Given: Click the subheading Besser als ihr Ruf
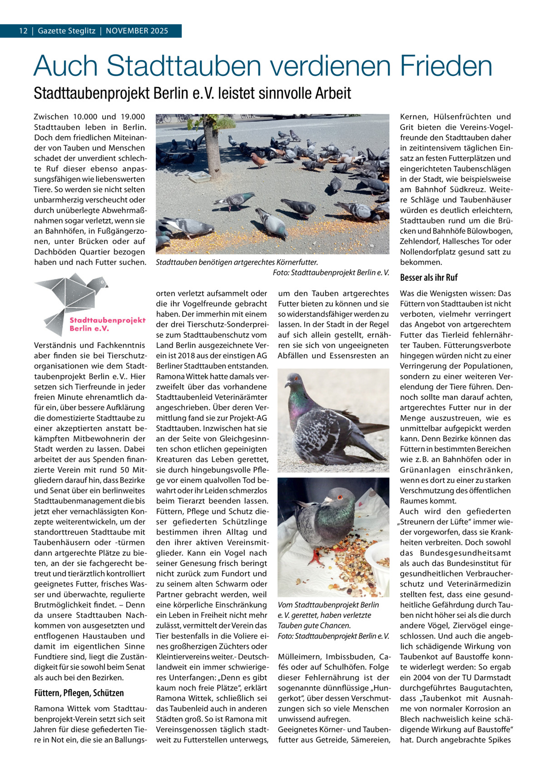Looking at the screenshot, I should click(x=429, y=278).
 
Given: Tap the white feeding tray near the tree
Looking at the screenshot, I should click(x=199, y=176).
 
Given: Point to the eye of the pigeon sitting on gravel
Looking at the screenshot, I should click(x=296, y=378).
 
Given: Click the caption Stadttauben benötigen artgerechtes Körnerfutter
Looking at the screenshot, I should click(x=236, y=262).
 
